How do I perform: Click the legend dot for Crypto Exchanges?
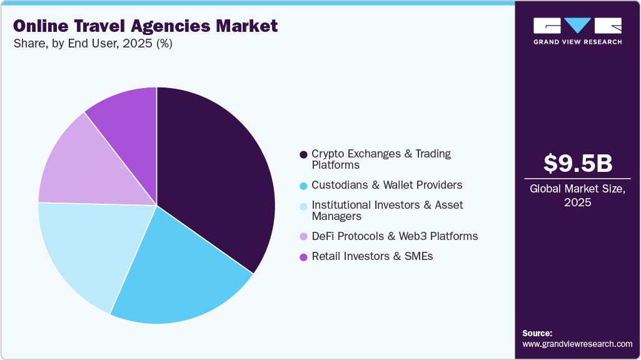click(303, 154)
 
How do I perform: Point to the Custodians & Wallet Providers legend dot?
click(303, 186)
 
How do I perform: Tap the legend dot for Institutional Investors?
click(303, 206)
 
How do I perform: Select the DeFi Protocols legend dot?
click(303, 237)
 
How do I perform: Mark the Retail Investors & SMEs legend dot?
click(303, 257)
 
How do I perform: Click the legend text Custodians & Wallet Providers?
click(386, 185)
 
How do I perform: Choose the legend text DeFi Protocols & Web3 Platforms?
click(395, 236)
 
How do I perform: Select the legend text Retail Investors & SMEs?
click(372, 256)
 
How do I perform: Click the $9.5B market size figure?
click(577, 163)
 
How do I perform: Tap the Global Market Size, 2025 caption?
click(577, 196)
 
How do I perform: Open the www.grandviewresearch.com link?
click(577, 344)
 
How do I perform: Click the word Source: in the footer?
click(537, 333)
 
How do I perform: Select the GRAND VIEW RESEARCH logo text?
click(577, 42)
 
